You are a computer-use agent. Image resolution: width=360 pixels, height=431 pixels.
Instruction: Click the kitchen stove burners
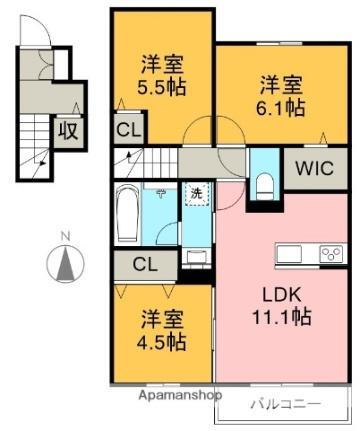tap(331, 253)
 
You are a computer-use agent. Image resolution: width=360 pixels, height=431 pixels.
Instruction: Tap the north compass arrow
tap(65, 263)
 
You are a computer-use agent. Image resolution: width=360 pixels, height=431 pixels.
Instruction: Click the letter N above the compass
tap(65, 237)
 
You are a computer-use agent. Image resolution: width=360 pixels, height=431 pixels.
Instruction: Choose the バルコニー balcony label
tap(285, 405)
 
